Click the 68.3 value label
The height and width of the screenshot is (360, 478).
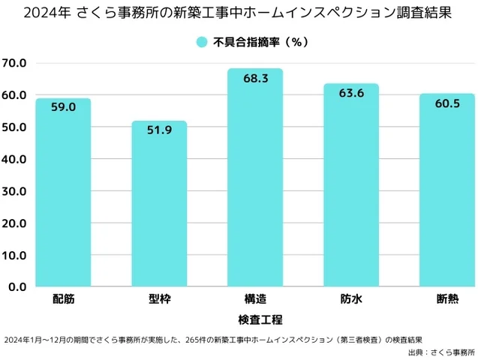(254, 78)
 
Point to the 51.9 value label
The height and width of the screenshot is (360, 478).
(159, 130)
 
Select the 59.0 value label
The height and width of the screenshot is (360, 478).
(63, 107)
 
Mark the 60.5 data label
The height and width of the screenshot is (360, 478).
(447, 103)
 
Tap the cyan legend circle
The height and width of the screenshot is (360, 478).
(201, 43)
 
